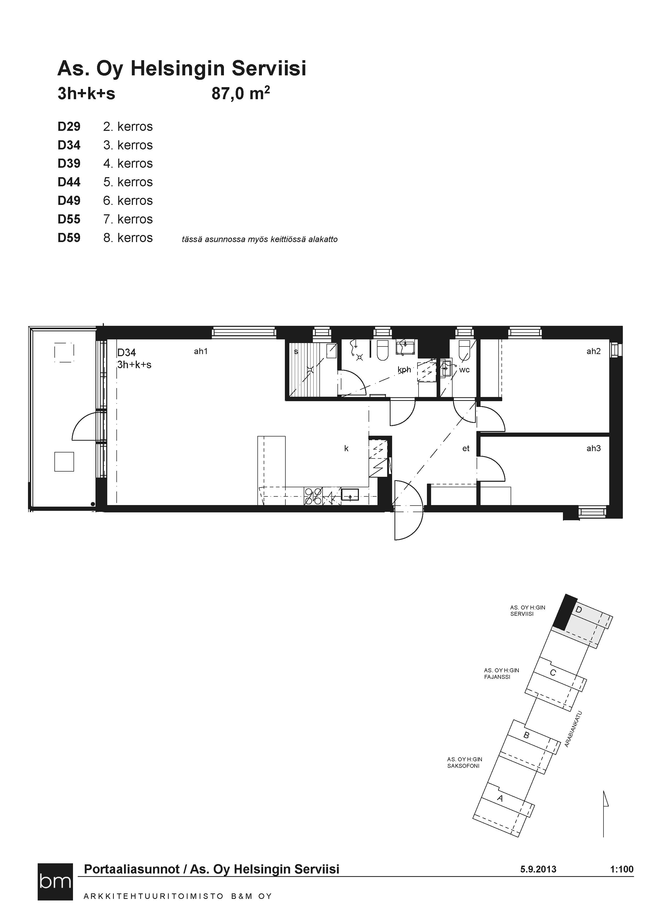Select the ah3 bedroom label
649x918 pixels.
click(x=594, y=448)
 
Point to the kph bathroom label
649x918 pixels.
click(x=404, y=370)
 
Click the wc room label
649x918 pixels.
click(x=464, y=370)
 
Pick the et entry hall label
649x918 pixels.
click(x=466, y=449)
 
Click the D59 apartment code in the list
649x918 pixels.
click(x=69, y=238)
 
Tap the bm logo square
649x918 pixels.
click(x=55, y=882)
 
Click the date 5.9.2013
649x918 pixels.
click(x=538, y=869)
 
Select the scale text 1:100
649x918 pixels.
click(x=622, y=869)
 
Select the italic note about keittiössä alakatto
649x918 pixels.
click(x=260, y=239)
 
